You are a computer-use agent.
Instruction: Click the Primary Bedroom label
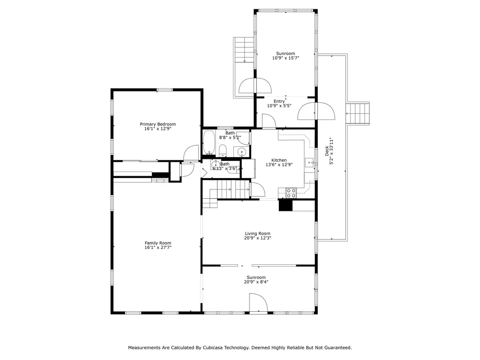pos(157,124)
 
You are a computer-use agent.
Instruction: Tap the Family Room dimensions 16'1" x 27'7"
pos(158,247)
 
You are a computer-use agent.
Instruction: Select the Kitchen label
pos(279,160)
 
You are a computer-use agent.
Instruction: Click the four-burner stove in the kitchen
pos(291,193)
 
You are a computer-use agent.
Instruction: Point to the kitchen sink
pos(309,162)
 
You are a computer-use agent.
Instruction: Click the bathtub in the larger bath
pos(210,142)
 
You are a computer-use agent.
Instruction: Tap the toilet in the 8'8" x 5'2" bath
pos(223,151)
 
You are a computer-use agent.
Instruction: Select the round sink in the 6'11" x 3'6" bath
pos(216,165)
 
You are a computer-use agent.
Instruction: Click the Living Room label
pos(257,233)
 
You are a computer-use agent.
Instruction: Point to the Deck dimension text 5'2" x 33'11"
pos(331,151)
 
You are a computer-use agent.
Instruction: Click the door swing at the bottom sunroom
pos(258,303)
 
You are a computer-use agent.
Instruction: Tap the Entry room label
pos(279,101)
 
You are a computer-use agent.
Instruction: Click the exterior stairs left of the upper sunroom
pos(244,50)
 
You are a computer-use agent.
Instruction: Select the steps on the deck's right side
pos(358,113)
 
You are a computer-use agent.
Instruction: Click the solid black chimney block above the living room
pos(285,205)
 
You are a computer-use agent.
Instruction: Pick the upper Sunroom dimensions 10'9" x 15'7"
pos(285,58)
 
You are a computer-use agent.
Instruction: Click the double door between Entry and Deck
pos(316,111)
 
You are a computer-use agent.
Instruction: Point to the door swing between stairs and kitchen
pos(258,189)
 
